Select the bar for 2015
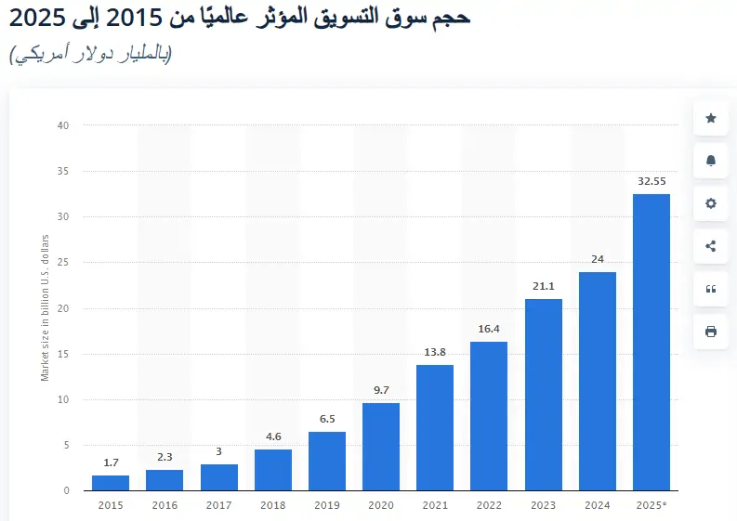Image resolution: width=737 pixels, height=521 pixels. [x=111, y=483]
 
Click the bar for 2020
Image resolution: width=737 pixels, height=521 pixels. [x=381, y=447]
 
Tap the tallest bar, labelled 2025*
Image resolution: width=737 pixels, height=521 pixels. [x=651, y=342]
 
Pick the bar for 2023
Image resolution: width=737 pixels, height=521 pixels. [x=543, y=395]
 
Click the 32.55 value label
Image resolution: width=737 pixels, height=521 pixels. [x=651, y=181]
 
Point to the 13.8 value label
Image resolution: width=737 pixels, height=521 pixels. [x=435, y=353]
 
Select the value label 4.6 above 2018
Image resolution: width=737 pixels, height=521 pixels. [x=273, y=436]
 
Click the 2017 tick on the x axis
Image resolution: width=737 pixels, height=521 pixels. [x=219, y=504]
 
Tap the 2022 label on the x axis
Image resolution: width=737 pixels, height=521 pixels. [x=489, y=504]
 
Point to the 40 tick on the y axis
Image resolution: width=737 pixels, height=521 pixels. [x=63, y=125]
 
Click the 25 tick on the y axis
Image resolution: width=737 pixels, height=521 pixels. [x=63, y=263]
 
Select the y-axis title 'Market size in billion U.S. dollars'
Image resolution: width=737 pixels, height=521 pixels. [x=45, y=307]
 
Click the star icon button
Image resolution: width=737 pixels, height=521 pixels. [x=711, y=118]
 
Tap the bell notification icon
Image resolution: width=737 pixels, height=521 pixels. [x=711, y=161]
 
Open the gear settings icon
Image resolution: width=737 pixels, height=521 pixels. [x=711, y=203]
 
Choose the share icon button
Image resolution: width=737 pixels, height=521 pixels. [x=711, y=246]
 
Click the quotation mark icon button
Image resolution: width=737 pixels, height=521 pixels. [x=711, y=289]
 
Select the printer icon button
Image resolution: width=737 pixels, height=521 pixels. [x=711, y=332]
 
